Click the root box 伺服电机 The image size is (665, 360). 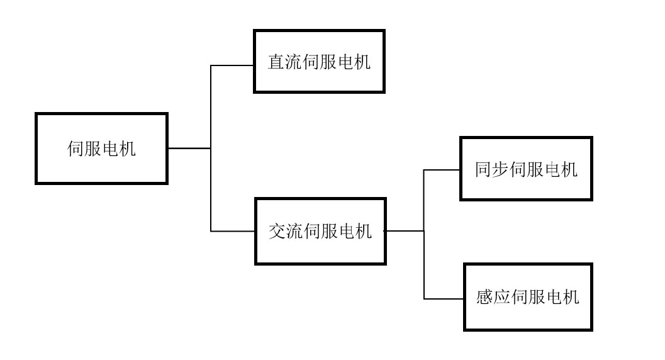coord(101,149)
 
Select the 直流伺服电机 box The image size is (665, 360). coord(319,62)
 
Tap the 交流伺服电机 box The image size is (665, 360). coord(320,231)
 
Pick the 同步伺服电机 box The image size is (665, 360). coord(526,169)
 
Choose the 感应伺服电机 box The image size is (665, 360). coord(528,297)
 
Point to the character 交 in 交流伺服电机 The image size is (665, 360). coord(277,232)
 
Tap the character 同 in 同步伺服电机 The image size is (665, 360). coord(483,170)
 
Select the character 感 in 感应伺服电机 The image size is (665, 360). coord(485,297)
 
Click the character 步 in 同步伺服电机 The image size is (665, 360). coord(501,170)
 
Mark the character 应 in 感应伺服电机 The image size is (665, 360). coord(503,297)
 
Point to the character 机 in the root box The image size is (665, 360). coord(127,149)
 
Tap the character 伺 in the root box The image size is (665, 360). coord(75,149)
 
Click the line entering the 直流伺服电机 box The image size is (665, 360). coord(232,65)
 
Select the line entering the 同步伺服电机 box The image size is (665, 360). coord(442,170)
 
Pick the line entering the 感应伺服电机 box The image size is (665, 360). coord(444,298)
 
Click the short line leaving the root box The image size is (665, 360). coord(189,149)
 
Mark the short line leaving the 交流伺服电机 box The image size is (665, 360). coord(404,231)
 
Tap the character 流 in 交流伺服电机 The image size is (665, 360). coord(294,232)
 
